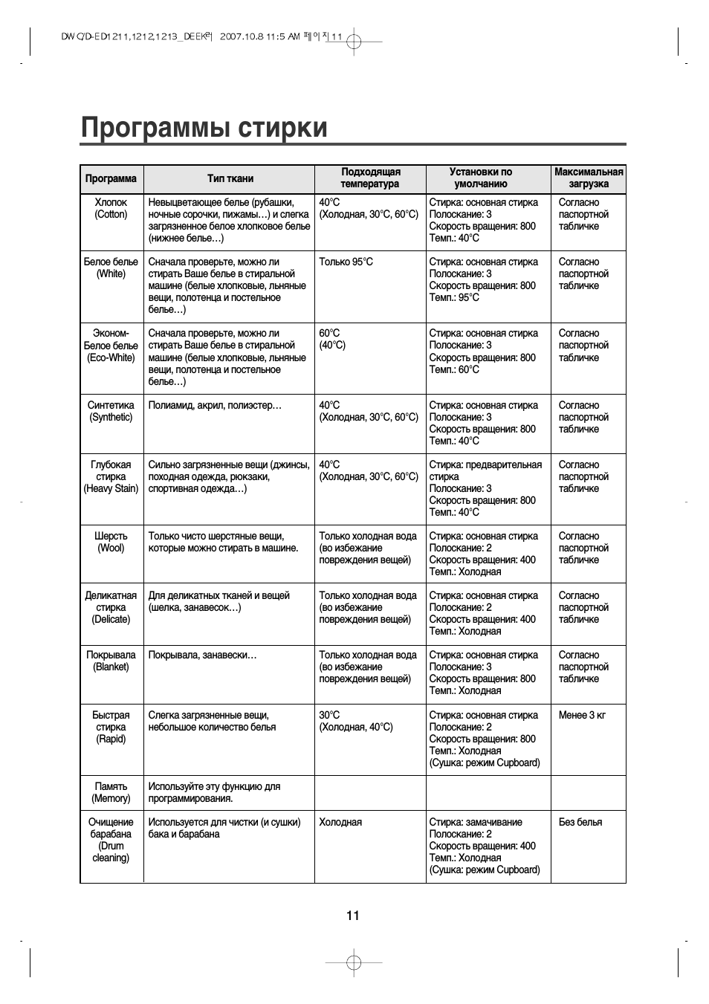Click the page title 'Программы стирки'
pos(204,128)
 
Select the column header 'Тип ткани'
pos(230,178)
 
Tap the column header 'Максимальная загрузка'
pos(589,178)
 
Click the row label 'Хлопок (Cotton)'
pos(111,209)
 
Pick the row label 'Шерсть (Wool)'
pos(111,543)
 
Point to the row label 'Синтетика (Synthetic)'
pos(111,412)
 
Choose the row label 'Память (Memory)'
pos(111,793)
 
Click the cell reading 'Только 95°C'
pos(346,262)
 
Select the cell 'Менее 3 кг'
pos(582,716)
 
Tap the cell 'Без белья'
pos(580,823)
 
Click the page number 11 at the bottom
pos(353,916)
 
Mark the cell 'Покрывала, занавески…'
pos(203,655)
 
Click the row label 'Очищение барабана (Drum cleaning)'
pos(111,841)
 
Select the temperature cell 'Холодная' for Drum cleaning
pos(340,823)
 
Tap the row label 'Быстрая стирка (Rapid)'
pos(111,728)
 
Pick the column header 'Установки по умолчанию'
pos(481,178)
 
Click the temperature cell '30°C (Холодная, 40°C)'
pos(356,722)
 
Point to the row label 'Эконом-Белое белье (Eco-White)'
pos(111,346)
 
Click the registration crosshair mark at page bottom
pos(354,962)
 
